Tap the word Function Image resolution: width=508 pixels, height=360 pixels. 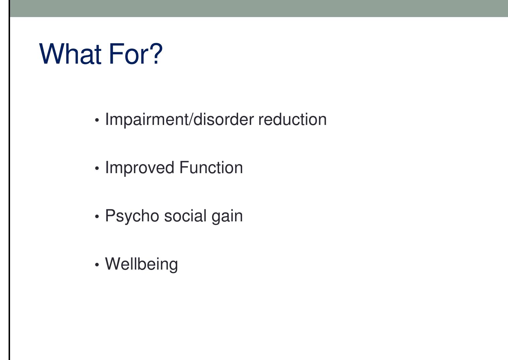coord(211,167)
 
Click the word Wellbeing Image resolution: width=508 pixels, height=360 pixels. coord(141,264)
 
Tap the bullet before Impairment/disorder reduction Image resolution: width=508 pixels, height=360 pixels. coord(97,120)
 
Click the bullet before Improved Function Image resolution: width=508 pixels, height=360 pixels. coord(97,168)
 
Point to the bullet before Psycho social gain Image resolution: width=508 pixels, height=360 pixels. coord(97,217)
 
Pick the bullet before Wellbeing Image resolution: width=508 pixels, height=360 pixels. coord(97,265)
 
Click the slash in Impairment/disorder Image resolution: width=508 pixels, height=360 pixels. coord(191,120)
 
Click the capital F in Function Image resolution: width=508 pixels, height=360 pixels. coord(184,167)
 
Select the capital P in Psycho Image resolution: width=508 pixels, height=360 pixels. coord(110,216)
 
